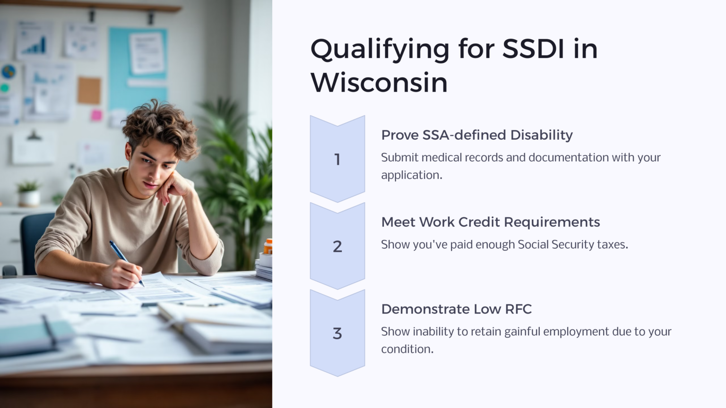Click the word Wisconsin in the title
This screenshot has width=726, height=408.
379,83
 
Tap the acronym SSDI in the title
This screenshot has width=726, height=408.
533,49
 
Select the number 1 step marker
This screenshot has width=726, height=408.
337,160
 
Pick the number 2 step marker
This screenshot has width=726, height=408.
337,246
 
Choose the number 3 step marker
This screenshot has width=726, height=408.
337,333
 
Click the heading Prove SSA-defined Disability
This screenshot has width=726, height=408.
476,135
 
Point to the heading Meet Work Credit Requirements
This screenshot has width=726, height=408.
490,222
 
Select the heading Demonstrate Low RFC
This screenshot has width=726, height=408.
456,309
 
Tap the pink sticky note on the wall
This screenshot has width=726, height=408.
96,115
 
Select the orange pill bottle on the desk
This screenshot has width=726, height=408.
268,246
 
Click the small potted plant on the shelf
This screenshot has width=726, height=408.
29,193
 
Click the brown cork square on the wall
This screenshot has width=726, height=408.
89,90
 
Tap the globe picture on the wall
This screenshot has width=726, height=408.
9,72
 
